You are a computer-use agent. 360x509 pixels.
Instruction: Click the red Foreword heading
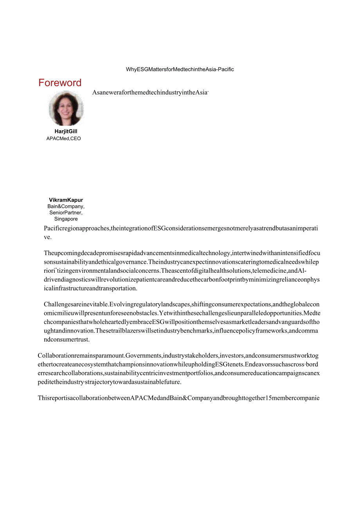click(x=60, y=83)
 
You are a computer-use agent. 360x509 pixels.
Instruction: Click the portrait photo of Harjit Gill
click(x=66, y=108)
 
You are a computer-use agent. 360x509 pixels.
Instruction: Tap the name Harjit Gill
click(x=66, y=131)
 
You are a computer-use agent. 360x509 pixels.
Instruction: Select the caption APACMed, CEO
click(x=63, y=138)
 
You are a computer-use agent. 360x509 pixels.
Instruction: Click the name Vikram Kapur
click(x=66, y=200)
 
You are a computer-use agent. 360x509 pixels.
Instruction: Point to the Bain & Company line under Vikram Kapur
click(x=66, y=206)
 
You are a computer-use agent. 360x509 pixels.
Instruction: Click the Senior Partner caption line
click(x=66, y=212)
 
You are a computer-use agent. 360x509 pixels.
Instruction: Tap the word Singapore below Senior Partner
click(x=66, y=219)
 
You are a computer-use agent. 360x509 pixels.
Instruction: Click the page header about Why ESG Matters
click(x=180, y=70)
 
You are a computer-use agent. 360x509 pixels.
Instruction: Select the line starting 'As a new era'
click(x=150, y=93)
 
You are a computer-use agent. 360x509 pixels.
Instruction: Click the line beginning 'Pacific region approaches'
click(x=181, y=228)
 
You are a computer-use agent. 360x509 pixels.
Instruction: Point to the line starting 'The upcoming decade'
click(x=182, y=253)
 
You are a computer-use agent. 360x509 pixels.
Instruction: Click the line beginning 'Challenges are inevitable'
click(x=182, y=304)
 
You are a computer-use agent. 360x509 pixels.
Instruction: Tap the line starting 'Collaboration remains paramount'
click(x=178, y=356)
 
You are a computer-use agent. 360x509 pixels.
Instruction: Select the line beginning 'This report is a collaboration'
click(x=178, y=398)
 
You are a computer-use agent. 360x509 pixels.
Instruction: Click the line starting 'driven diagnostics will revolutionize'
click(x=182, y=280)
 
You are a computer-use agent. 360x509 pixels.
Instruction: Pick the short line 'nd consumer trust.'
click(x=67, y=340)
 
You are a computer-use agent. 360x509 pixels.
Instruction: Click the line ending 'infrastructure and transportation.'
click(x=90, y=288)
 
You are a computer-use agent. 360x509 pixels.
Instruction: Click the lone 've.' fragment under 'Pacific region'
click(x=47, y=237)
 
